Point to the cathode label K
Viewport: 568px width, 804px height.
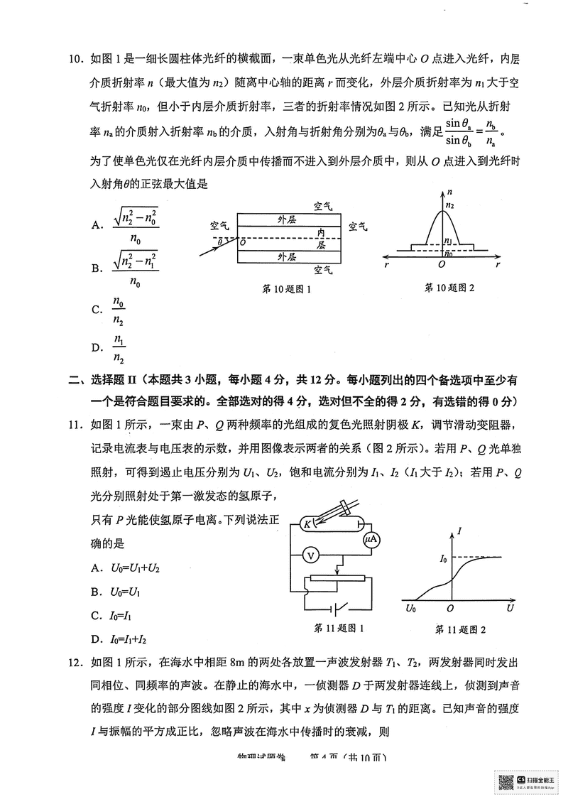308,524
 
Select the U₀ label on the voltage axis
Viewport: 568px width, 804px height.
411,608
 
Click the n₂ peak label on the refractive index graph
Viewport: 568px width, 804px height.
449,206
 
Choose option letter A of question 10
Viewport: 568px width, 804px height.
97,226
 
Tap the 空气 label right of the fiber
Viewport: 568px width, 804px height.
359,226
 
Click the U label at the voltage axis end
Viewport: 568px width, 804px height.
510,608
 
